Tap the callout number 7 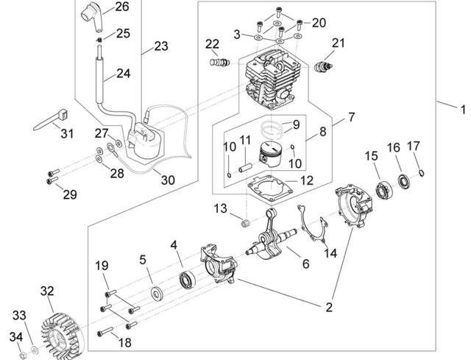click(351, 117)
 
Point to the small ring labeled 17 click(421, 174)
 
